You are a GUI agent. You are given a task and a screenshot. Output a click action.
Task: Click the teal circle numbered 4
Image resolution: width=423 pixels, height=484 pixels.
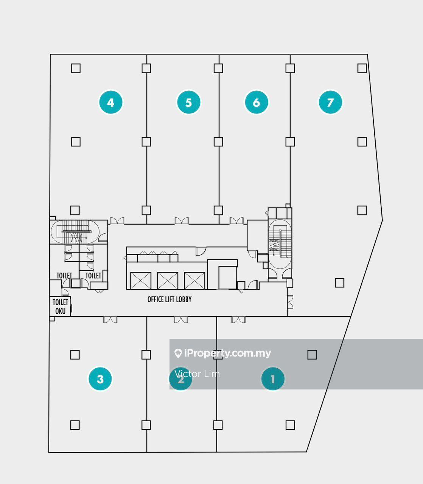click(x=110, y=102)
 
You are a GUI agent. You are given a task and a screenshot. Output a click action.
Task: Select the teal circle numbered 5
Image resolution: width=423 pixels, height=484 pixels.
click(x=188, y=102)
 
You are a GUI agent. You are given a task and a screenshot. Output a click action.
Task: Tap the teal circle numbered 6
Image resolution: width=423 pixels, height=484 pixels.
click(x=257, y=102)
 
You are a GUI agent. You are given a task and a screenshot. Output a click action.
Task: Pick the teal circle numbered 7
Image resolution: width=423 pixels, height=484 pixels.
click(x=330, y=102)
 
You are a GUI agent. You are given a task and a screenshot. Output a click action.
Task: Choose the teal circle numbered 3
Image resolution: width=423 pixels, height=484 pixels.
click(x=100, y=379)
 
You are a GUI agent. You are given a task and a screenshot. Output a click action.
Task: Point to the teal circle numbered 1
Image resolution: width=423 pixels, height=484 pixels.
click(x=273, y=379)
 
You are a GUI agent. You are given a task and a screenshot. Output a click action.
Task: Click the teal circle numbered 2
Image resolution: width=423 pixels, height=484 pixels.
click(x=180, y=379)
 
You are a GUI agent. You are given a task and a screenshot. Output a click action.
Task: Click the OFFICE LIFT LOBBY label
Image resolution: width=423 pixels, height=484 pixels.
click(x=170, y=299)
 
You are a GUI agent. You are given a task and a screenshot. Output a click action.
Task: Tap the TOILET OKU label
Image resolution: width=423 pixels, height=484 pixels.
click(x=60, y=307)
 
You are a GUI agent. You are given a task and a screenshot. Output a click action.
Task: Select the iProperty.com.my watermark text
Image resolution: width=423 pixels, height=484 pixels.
click(x=227, y=353)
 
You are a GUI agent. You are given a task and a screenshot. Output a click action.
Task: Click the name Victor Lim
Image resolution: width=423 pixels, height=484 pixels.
click(x=197, y=374)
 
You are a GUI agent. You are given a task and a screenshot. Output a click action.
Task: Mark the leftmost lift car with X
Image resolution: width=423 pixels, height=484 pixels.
click(x=141, y=281)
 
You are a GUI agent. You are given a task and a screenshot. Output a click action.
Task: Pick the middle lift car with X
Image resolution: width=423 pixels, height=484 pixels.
click(x=168, y=281)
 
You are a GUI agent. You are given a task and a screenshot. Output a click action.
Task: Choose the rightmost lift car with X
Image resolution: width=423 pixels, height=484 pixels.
click(x=194, y=281)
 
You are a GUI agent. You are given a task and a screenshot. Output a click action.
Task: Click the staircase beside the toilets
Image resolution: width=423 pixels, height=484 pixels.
click(x=75, y=232)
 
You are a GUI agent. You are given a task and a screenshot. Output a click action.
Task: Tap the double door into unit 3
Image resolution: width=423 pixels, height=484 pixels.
click(x=110, y=320)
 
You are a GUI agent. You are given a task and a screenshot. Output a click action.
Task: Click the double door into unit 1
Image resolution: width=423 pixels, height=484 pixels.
click(x=238, y=320)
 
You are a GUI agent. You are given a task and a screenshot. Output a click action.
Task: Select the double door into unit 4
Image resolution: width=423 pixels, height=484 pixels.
click(x=117, y=221)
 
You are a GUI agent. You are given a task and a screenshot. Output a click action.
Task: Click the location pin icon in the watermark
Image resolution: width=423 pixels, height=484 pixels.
click(x=178, y=353)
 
